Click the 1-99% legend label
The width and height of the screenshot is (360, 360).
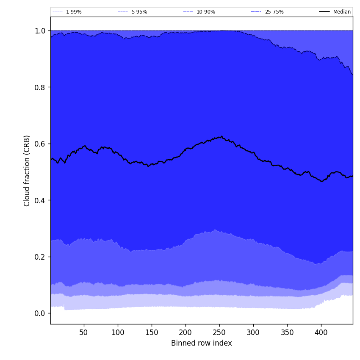(74, 12)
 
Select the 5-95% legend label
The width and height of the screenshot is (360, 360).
(139, 12)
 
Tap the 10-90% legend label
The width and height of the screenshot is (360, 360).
(206, 12)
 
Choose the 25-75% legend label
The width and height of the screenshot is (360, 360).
(274, 12)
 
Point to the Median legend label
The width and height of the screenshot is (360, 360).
(342, 12)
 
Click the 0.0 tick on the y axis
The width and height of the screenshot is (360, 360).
(40, 313)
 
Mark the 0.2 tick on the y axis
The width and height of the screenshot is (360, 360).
(40, 257)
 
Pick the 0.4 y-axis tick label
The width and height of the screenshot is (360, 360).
(40, 200)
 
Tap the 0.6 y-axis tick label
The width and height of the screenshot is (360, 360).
(40, 144)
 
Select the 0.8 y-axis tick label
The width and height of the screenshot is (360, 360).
(40, 87)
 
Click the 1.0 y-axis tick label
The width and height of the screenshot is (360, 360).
(40, 31)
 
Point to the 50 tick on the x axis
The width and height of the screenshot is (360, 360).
(84, 332)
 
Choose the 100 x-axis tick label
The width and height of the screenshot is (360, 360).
(118, 332)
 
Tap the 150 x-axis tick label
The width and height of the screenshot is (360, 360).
(152, 332)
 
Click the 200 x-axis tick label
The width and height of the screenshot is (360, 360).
(186, 332)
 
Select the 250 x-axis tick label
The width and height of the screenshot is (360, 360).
(219, 332)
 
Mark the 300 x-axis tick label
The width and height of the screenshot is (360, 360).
(253, 332)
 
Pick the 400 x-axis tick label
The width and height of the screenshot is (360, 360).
(321, 332)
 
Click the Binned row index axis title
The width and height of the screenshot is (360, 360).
(202, 343)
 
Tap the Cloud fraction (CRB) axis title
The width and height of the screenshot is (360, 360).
(27, 171)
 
